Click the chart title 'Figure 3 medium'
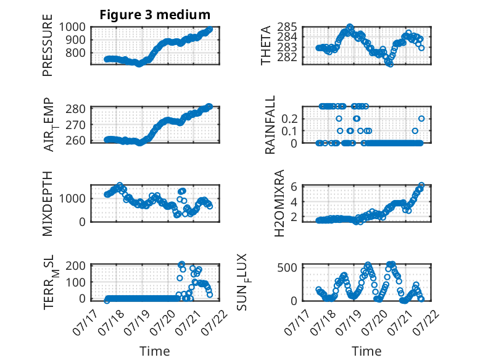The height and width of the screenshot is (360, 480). [155, 15]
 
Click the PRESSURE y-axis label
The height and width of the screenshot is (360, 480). [48, 45]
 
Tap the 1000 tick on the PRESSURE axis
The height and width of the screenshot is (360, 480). [72, 27]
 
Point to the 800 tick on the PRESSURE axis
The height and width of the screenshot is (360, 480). [76, 52]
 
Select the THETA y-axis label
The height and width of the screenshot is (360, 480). [266, 45]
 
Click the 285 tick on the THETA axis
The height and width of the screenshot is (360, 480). [287, 27]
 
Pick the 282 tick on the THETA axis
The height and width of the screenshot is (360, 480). [287, 57]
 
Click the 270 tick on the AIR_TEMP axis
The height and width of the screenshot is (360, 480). [76, 125]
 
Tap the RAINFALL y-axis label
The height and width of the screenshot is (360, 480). [270, 125]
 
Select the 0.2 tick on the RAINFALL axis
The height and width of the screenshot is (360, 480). [289, 119]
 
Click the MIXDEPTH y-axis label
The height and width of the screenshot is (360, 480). [48, 204]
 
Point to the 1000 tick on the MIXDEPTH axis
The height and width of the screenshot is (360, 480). [72, 198]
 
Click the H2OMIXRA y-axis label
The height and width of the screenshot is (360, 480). [279, 203]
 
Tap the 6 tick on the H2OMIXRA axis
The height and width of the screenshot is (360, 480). [294, 186]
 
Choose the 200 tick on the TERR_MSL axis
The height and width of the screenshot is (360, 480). [76, 266]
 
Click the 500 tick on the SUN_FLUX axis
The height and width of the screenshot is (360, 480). [287, 267]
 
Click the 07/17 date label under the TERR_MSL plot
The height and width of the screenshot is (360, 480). [85, 322]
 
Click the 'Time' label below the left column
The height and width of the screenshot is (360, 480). [155, 351]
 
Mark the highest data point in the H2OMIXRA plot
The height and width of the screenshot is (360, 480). [421, 185]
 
